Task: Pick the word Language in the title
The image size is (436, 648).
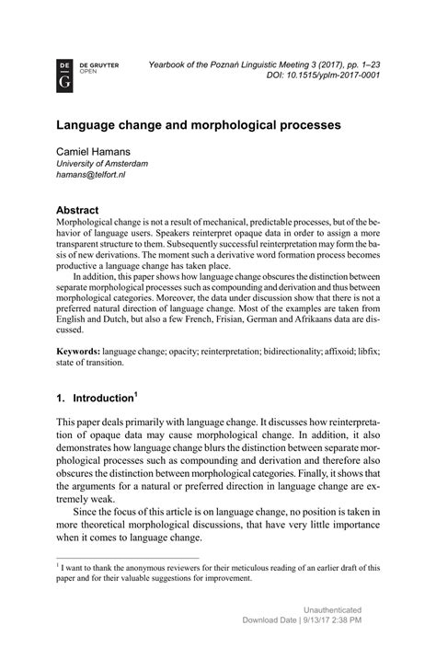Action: click(91, 121)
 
